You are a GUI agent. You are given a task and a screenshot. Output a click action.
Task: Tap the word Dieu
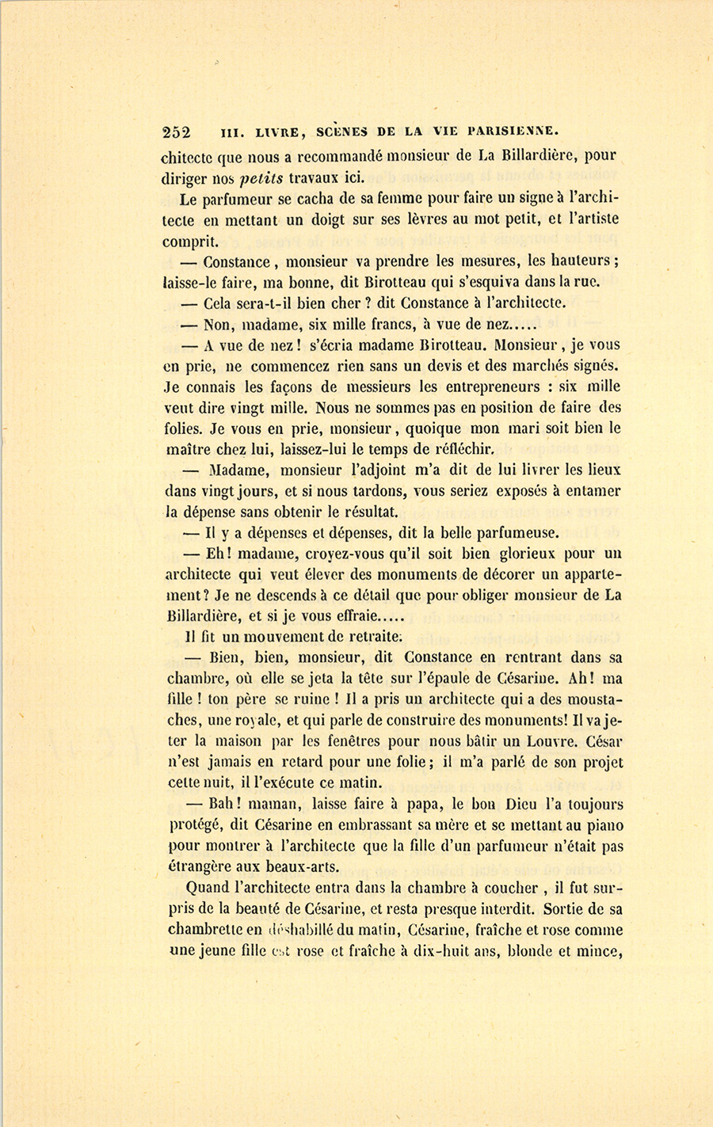click(512, 804)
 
